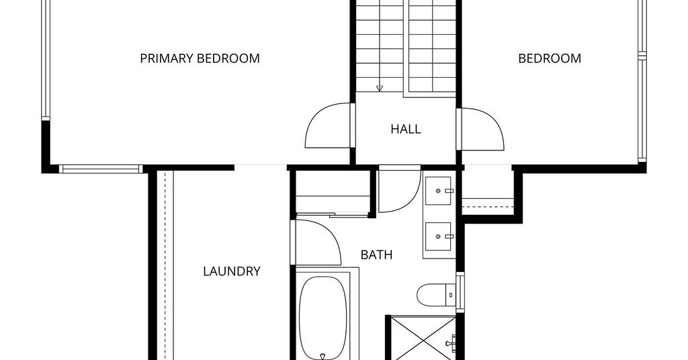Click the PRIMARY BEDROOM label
(x=200, y=58)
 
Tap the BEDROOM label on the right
(x=550, y=58)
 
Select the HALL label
(x=405, y=129)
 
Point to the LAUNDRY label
(x=232, y=271)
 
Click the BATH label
(x=376, y=255)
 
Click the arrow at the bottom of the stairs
(x=380, y=88)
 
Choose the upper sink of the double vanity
(x=437, y=190)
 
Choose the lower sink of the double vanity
(x=437, y=236)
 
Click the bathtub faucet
(x=323, y=357)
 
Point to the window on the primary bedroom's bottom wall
(x=101, y=169)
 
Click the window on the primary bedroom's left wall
(x=46, y=60)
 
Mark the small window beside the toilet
(x=460, y=291)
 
